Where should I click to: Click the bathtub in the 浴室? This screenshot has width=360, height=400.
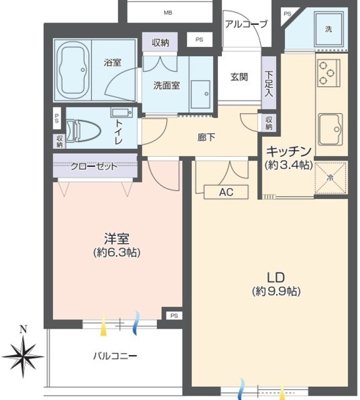click(73, 69)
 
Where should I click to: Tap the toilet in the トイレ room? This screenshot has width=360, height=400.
click(83, 131)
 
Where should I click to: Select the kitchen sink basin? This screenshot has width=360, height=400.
click(331, 129)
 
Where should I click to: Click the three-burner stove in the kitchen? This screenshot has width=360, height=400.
click(329, 73)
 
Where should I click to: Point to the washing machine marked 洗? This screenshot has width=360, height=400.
click(329, 29)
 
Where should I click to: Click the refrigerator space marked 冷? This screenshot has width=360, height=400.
click(331, 177)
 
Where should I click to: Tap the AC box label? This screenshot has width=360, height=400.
click(226, 192)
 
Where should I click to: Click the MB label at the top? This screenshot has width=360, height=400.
click(168, 12)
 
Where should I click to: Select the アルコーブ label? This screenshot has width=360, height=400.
click(246, 24)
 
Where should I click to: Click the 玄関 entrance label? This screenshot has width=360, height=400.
click(239, 77)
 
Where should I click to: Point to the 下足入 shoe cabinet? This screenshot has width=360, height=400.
click(269, 82)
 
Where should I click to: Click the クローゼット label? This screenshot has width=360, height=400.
click(94, 167)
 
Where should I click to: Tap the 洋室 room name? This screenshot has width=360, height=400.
click(117, 239)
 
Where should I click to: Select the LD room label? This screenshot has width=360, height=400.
click(276, 277)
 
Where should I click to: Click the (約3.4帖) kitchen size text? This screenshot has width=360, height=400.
click(289, 165)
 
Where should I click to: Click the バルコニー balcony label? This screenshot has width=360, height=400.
click(115, 356)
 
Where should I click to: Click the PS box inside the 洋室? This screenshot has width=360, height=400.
click(174, 316)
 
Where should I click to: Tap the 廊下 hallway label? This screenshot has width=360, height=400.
click(206, 137)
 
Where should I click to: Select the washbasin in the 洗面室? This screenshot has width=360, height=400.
click(201, 94)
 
